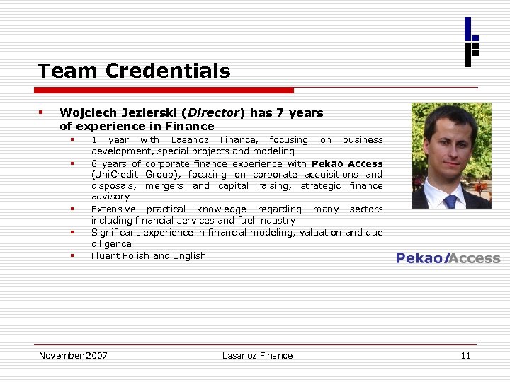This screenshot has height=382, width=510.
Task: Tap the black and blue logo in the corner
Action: pyautogui.click(x=471, y=42)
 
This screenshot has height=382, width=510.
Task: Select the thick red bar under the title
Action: pyautogui.click(x=165, y=91)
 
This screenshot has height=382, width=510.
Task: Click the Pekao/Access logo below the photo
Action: pyautogui.click(x=448, y=258)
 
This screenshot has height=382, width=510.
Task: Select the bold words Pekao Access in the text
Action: pyautogui.click(x=347, y=163)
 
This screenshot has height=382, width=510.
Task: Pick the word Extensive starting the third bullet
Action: pyautogui.click(x=113, y=209)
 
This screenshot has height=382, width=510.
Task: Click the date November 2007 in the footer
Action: pyautogui.click(x=73, y=355)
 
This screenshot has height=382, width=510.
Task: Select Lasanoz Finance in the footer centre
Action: pyautogui.click(x=257, y=355)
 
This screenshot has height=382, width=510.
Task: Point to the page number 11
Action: pyautogui.click(x=465, y=355)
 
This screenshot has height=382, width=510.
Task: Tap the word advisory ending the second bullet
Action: pyautogui.click(x=110, y=197)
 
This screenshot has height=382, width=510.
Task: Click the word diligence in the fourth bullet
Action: pyautogui.click(x=111, y=243)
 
